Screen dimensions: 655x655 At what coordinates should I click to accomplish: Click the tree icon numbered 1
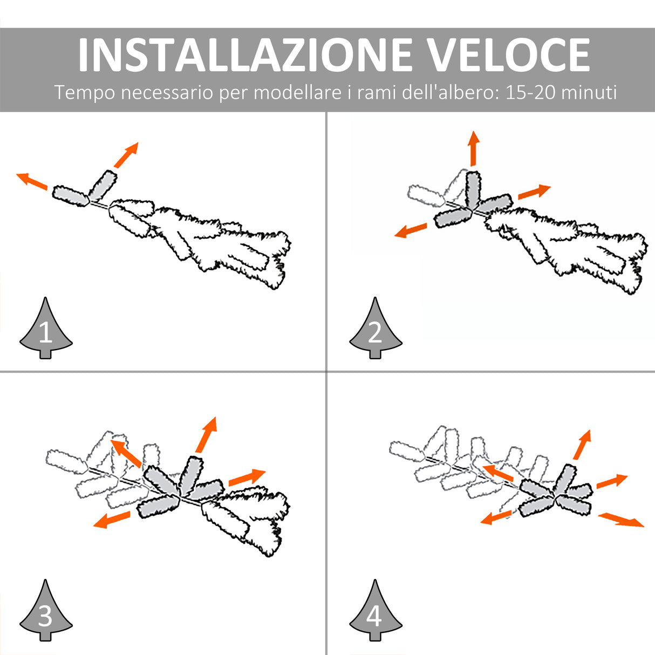click(46, 327)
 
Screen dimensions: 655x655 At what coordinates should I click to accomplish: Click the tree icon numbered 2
click(376, 327)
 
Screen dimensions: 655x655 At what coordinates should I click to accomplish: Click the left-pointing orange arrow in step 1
click(32, 181)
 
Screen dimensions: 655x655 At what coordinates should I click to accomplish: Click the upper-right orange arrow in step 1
click(126, 155)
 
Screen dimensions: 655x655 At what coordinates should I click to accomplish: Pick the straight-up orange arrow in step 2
click(473, 148)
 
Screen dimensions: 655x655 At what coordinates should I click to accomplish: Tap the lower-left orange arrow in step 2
click(411, 230)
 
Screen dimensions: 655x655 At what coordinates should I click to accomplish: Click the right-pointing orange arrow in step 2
click(534, 192)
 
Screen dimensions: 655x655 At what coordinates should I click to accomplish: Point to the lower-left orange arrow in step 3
click(112, 520)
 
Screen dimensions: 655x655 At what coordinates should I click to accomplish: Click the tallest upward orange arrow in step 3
click(206, 435)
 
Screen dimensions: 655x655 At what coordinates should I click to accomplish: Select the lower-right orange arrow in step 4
click(621, 520)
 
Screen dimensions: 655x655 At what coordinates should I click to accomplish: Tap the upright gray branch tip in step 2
click(473, 189)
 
